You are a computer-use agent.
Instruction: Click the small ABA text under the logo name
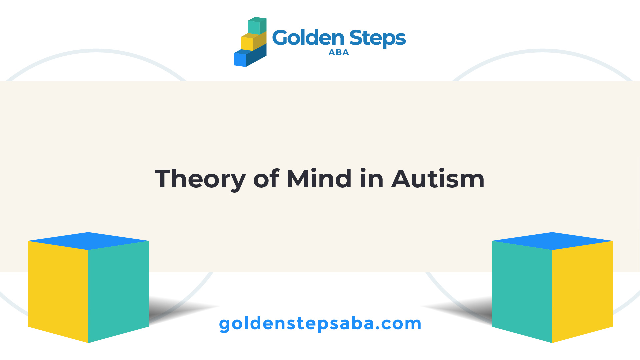point(339,52)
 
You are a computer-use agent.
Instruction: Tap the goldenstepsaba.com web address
point(320,324)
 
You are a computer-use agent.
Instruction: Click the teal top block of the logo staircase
point(257,26)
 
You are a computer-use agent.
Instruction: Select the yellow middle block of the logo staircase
point(254,41)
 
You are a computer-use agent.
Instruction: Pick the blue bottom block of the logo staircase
point(250,57)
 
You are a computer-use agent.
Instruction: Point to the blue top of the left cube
point(88,241)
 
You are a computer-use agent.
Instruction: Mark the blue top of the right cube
point(552,241)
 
